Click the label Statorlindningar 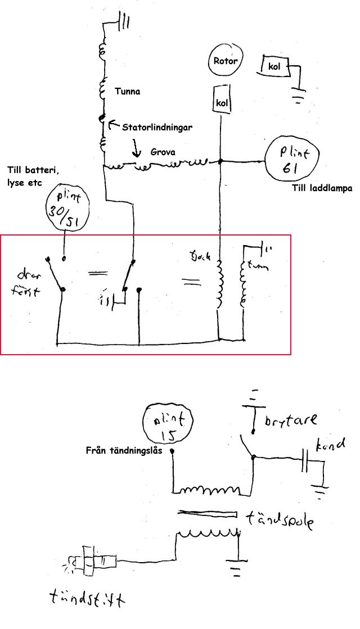click(x=157, y=128)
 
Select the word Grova click(x=163, y=152)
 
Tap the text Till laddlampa click(x=322, y=189)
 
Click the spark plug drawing click(x=93, y=562)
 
